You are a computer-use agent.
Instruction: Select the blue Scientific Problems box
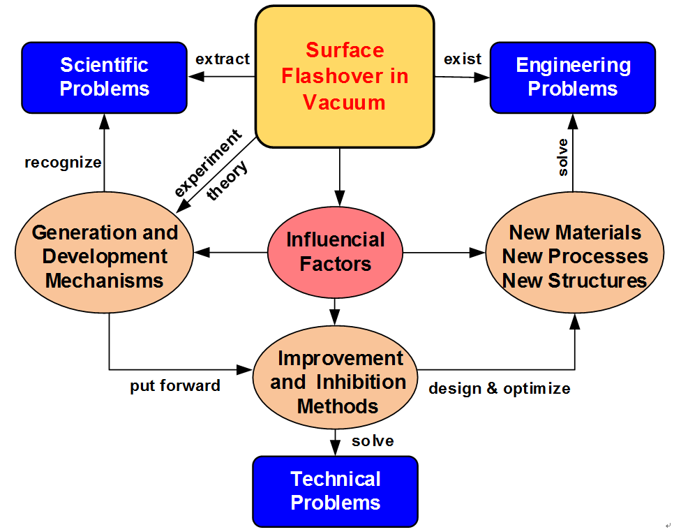pos(105,77)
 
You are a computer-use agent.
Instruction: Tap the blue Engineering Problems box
pos(572,77)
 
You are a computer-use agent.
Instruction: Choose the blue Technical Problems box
pos(335,491)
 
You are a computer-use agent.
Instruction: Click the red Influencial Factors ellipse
pos(335,252)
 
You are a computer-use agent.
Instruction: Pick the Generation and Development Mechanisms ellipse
pos(105,256)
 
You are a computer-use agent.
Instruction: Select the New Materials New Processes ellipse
pos(574,256)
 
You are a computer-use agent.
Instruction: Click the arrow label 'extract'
pos(223,59)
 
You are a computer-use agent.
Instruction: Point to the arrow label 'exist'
pos(463,59)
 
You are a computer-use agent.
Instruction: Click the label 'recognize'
pos(63,163)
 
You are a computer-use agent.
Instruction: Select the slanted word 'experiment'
pos(207,162)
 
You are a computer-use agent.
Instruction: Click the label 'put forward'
pos(175,386)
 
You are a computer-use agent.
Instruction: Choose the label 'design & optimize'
pos(499,389)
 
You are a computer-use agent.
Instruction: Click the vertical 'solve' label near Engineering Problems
pos(562,157)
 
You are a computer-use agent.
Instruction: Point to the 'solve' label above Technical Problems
pos(373,441)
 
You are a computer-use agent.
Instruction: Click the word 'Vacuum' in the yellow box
pos(345,103)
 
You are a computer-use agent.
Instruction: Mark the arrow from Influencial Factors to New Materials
pos(444,252)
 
